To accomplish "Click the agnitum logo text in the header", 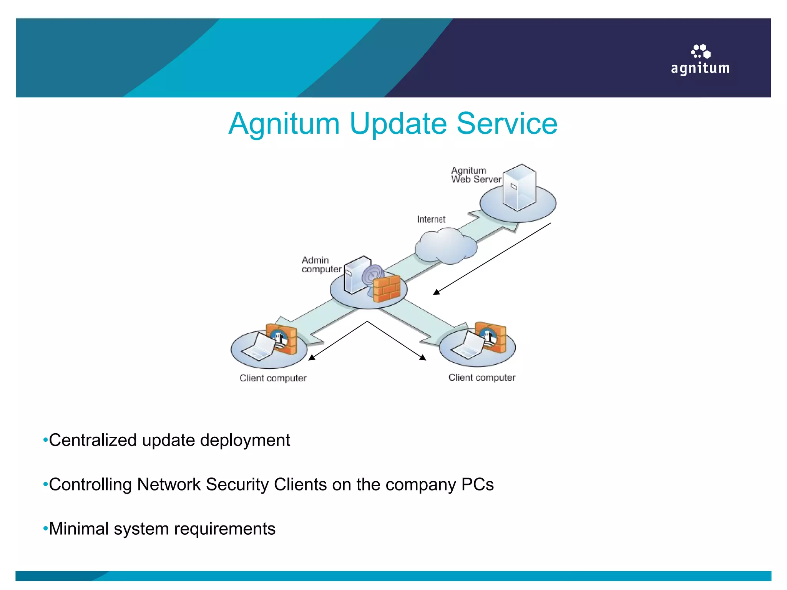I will tap(700, 68).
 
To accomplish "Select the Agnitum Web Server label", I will tap(476, 175).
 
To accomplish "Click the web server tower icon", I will tap(519, 187).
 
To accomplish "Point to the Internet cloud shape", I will tap(446, 247).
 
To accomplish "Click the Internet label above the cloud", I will tap(431, 219).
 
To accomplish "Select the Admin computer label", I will tap(321, 265).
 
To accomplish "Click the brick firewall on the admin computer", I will tap(387, 289).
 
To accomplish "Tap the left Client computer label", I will tap(273, 378).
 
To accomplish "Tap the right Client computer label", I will tap(481, 377).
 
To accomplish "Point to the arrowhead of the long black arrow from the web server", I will tap(436, 292).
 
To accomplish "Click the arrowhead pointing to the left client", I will tap(312, 358).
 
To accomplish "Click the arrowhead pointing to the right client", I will tap(423, 358).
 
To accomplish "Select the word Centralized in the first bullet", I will tap(93, 440).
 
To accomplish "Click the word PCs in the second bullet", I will tap(477, 484).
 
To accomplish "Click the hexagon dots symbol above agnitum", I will tap(701, 51).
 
